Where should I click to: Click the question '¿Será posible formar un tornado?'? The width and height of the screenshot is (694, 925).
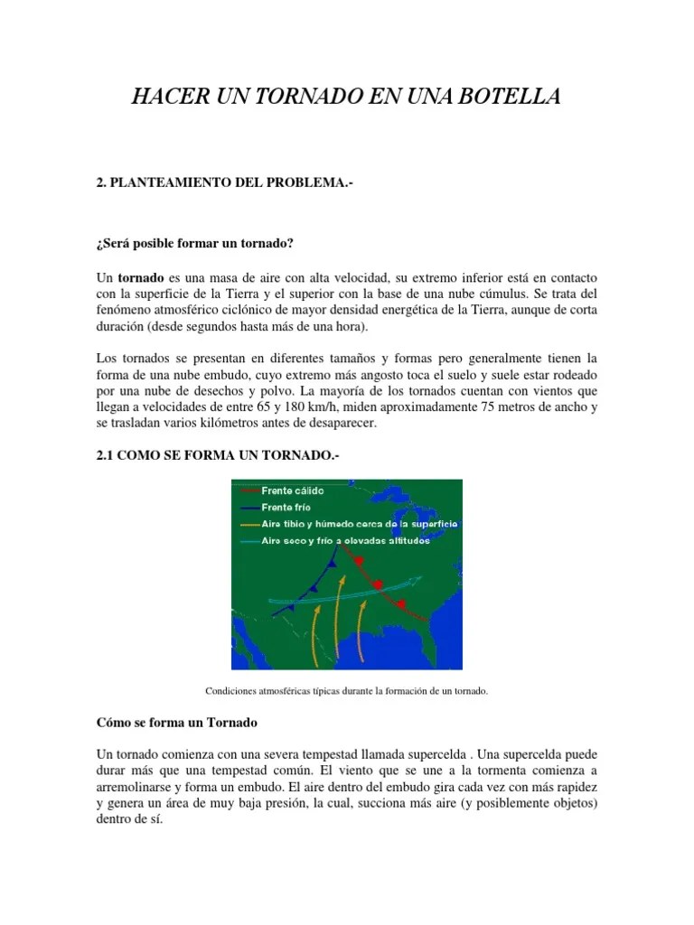click(x=195, y=244)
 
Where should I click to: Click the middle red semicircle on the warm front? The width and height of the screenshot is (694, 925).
click(x=379, y=583)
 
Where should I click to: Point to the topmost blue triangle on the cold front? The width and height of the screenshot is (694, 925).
click(x=336, y=562)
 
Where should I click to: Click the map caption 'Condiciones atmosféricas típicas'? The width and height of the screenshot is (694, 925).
click(x=346, y=692)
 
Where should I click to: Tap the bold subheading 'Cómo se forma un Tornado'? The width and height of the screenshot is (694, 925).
click(x=177, y=724)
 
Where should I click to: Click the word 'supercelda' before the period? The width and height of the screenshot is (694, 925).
click(x=439, y=753)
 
